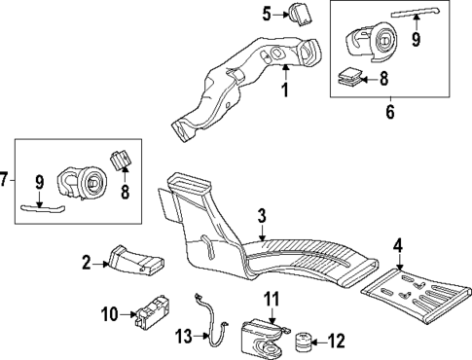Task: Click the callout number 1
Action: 285,90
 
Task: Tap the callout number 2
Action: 86,262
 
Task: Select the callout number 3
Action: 262,215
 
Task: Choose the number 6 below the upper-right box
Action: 391,112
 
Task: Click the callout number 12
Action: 337,341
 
